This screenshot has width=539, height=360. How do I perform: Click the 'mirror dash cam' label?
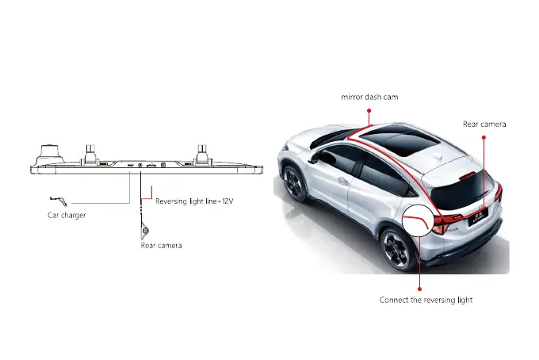click(369, 97)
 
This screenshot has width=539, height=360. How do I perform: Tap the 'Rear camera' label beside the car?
click(484, 124)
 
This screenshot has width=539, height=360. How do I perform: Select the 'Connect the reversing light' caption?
click(426, 300)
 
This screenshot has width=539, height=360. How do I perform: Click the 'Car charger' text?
click(67, 215)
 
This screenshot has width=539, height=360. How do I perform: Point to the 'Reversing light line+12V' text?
click(193, 201)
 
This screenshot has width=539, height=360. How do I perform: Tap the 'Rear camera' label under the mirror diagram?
click(161, 246)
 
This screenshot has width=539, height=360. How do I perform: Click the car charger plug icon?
click(55, 199)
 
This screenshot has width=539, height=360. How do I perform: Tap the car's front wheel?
click(294, 183)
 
